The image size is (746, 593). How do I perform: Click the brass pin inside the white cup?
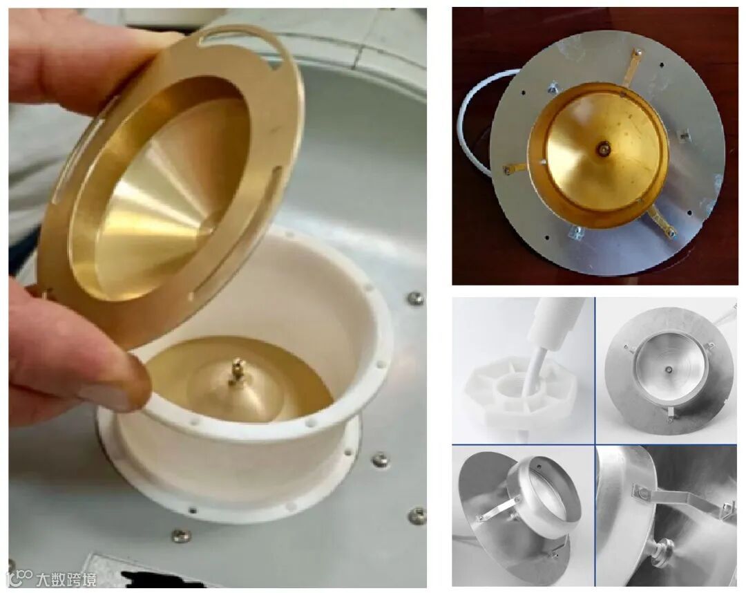pos(236,370)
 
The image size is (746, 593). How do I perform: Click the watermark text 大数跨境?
pos(66,579)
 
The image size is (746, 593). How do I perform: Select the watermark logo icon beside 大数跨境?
pos(21,578)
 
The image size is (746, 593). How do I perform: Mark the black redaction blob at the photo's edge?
pos(157,578)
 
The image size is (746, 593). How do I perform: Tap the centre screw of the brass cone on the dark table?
pos(603,149)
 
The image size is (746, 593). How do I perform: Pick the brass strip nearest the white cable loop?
pos(515,168)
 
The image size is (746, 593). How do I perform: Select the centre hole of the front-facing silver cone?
pos(669,368)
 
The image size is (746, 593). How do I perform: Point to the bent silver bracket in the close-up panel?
pos(680,500)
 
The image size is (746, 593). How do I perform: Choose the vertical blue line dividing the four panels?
pos(595,442)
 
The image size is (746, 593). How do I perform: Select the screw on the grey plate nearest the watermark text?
pos(181,536)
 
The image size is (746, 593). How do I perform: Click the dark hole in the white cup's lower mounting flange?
pos(193,511)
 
